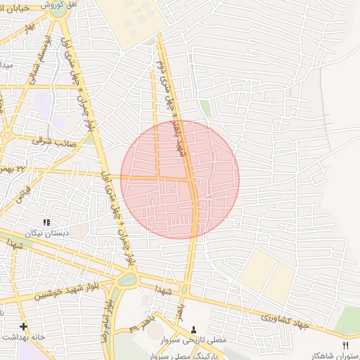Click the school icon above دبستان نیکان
coord(47,222)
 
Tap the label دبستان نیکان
coord(48,233)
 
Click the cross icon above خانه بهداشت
coord(23,326)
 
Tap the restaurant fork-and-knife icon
coord(345,344)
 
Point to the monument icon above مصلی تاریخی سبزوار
coord(194,329)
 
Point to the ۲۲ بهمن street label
coord(14,169)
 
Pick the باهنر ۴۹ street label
coord(145,325)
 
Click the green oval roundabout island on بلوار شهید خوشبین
coord(127,279)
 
